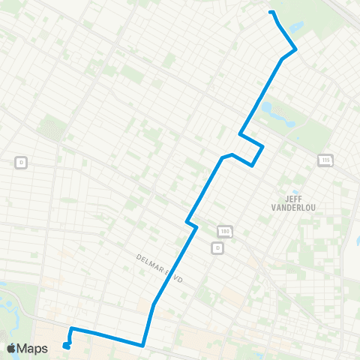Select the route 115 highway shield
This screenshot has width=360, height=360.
[325, 160]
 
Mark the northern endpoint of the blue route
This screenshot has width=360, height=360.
[271, 12]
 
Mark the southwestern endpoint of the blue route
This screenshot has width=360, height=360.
[67, 346]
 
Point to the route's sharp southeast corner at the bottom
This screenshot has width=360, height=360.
[142, 345]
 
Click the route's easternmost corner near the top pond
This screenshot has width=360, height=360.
[296, 49]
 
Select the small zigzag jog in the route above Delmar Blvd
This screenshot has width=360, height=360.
[191, 223]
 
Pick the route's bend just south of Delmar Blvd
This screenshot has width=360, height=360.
[154, 304]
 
